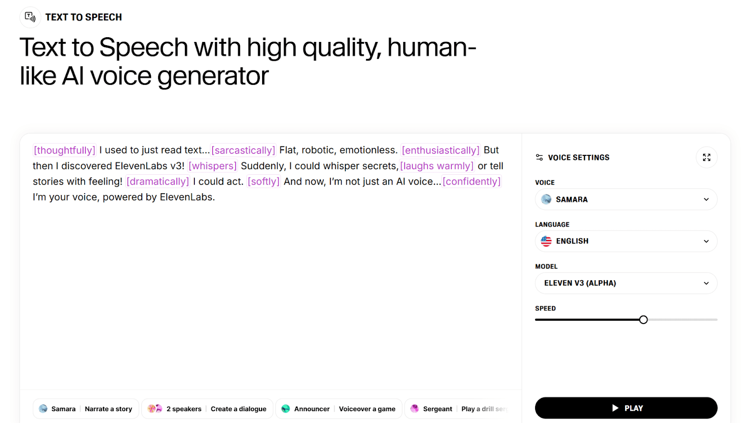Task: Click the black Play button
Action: coord(626,408)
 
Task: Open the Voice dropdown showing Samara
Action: coord(626,199)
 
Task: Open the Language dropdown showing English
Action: coord(626,241)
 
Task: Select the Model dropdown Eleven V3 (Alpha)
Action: coord(626,283)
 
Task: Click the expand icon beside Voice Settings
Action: coord(706,157)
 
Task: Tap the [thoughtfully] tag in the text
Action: coord(64,150)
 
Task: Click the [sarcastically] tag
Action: coord(243,150)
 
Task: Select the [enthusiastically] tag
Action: coord(441,150)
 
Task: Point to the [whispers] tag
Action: coord(212,166)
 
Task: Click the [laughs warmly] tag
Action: coord(437,166)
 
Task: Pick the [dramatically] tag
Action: coord(158,181)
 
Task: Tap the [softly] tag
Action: coord(264,181)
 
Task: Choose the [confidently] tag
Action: coord(472,181)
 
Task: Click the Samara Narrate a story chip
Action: coord(86,409)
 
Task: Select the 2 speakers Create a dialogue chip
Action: coord(207,409)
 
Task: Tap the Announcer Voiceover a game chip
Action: coord(338,409)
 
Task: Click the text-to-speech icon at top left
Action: coord(30,17)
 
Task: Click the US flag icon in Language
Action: coord(546,241)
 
